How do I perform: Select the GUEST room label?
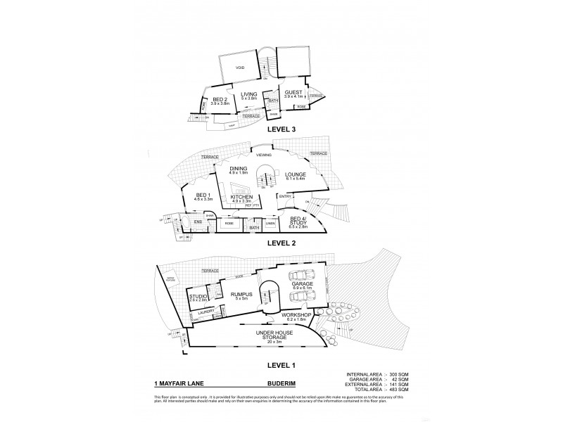pos(293,92)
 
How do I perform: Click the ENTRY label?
pos(284,196)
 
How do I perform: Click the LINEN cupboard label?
pos(270,223)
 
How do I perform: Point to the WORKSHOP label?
pos(300,315)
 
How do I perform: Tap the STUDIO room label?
pos(198,298)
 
